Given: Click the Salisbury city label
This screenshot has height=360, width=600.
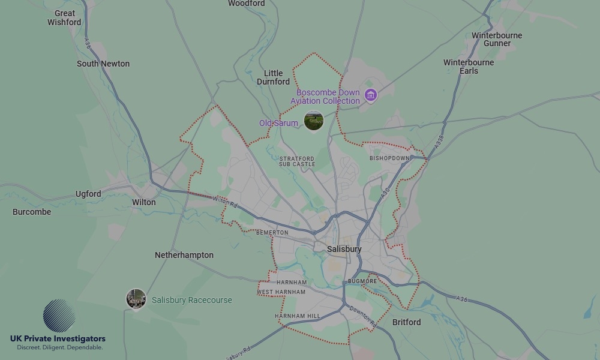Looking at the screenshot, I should click(344, 249).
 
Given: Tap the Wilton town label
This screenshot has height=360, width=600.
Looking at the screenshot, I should click(143, 202).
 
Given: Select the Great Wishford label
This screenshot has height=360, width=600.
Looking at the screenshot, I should click(64, 17).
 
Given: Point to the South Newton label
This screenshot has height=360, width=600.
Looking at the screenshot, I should click(103, 64).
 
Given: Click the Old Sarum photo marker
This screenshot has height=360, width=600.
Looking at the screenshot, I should click(313, 121).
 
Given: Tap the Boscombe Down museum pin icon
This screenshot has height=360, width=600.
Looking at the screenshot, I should click(371, 95).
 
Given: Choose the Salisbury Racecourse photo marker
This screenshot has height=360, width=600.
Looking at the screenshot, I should click(136, 298).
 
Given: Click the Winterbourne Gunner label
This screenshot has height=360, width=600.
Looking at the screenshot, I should click(497, 39).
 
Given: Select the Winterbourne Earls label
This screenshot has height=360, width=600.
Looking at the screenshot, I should click(469, 67).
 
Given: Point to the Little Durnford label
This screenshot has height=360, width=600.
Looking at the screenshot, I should click(273, 77).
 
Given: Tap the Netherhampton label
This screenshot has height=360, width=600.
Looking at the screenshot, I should click(184, 255).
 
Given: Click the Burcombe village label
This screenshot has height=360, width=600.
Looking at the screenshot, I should click(32, 212).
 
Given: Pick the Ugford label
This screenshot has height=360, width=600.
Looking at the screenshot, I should click(88, 194).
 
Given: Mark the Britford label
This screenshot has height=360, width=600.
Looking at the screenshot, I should click(406, 322).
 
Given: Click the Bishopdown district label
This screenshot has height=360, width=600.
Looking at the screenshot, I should click(389, 158).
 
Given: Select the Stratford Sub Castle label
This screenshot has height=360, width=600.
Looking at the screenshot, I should click(296, 161).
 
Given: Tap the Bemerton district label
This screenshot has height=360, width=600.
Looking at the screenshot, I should click(272, 232).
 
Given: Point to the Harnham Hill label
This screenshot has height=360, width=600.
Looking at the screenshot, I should click(297, 316).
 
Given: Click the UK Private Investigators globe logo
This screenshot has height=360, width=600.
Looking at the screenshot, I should click(59, 316).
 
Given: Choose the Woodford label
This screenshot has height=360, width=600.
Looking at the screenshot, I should click(246, 4).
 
